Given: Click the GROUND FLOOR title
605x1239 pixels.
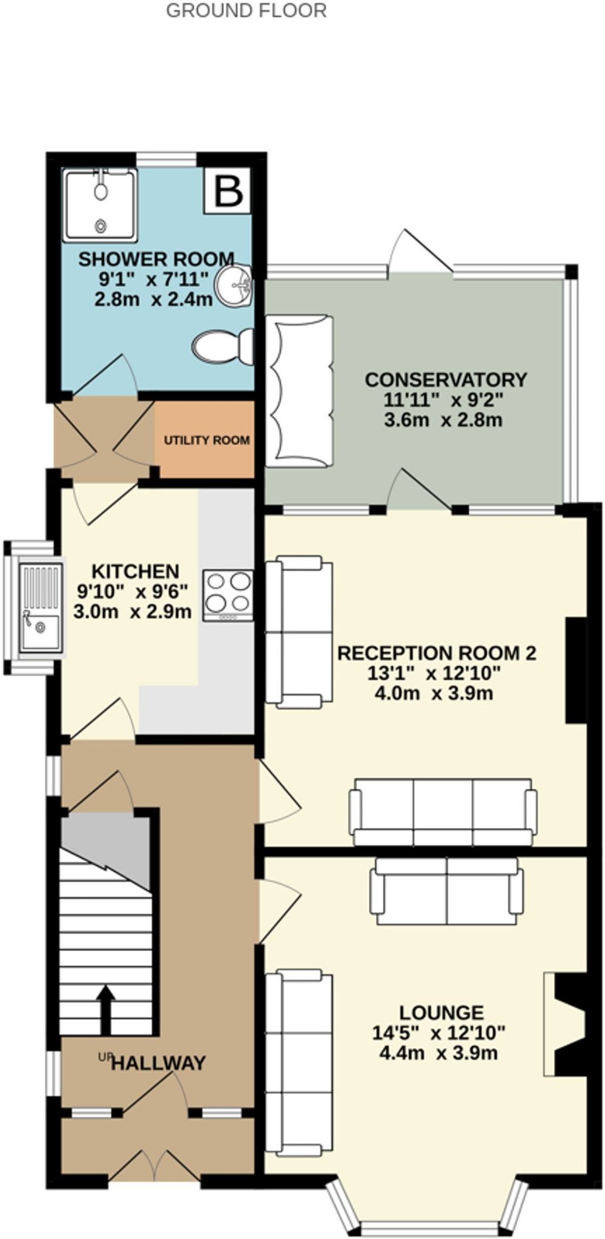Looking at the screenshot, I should click(x=246, y=10).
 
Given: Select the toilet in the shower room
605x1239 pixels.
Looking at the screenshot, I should click(x=223, y=347).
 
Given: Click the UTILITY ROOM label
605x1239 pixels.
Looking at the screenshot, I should click(x=207, y=440).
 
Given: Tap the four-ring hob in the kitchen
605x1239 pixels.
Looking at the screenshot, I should click(x=228, y=595).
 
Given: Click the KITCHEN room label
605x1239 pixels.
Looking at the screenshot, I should click(x=135, y=571).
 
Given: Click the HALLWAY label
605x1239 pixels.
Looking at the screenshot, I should click(x=159, y=1063).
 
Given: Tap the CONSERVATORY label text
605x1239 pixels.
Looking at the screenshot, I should click(x=446, y=380).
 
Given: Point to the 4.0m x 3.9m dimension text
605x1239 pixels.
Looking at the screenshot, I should click(x=434, y=693).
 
